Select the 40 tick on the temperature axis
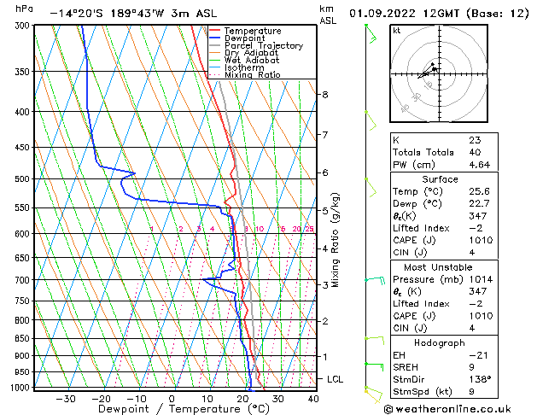[x=312, y=399]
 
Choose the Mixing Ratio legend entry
[x=252, y=75]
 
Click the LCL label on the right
[x=336, y=378]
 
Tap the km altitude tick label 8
[x=325, y=94]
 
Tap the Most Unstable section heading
[x=440, y=266]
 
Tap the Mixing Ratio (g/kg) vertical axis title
[x=336, y=240]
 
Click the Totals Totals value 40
[x=475, y=152]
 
